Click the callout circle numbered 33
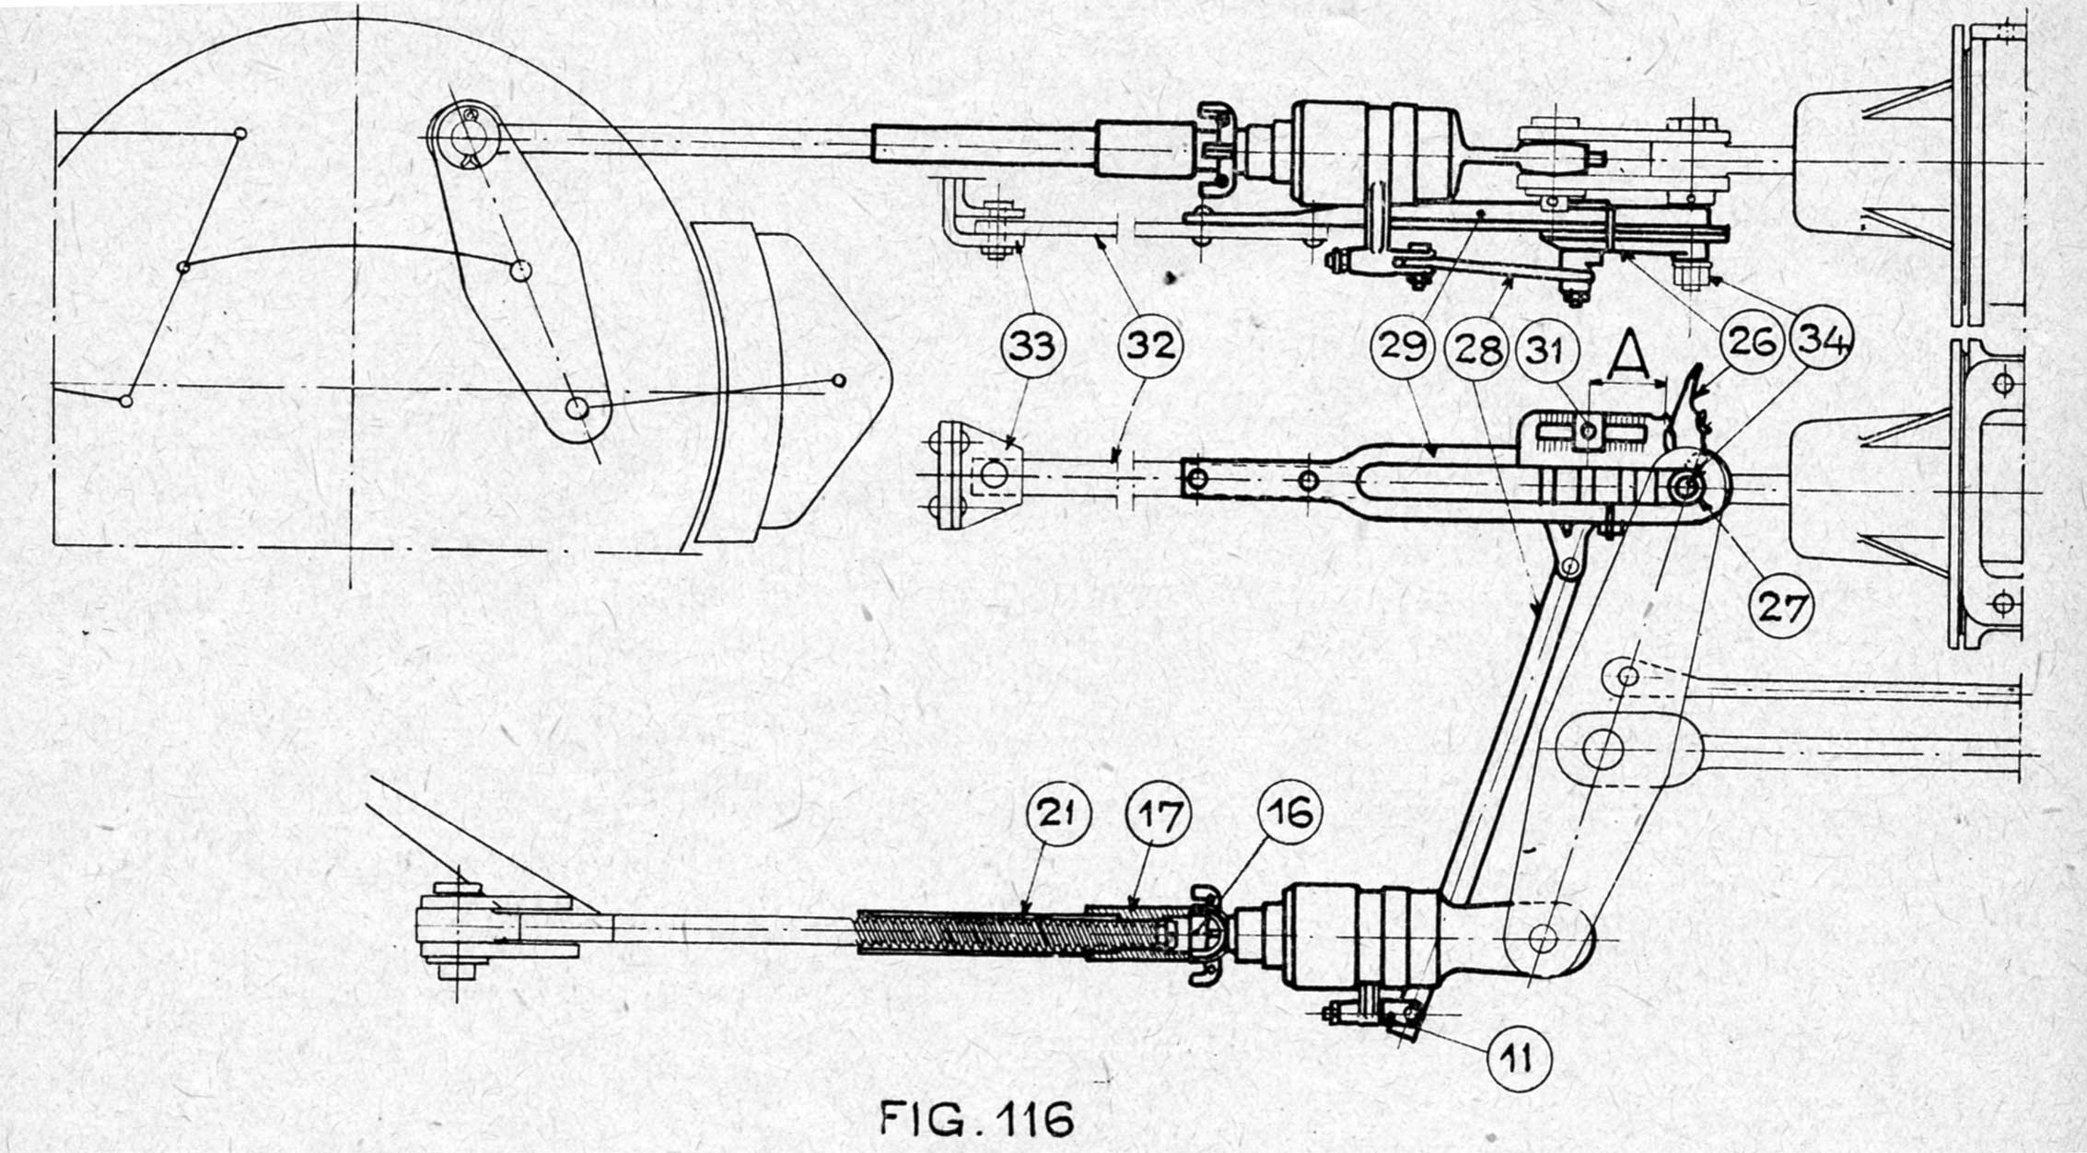[x=1032, y=348]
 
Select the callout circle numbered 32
[x=1149, y=348]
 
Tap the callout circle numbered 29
[x=1404, y=348]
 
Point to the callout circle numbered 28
[x=1476, y=350]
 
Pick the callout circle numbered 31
[x=1548, y=350]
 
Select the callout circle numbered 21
[x=1058, y=816]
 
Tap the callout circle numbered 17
[x=1159, y=816]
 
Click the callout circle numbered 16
[x=1289, y=813]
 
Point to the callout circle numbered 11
[x=1520, y=1059]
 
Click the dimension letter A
[x=1630, y=355]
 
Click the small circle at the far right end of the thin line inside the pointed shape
[x=838, y=379]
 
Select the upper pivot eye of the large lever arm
[x=463, y=135]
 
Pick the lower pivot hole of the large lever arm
[x=577, y=408]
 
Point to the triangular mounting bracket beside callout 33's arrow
[x=976, y=475]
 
